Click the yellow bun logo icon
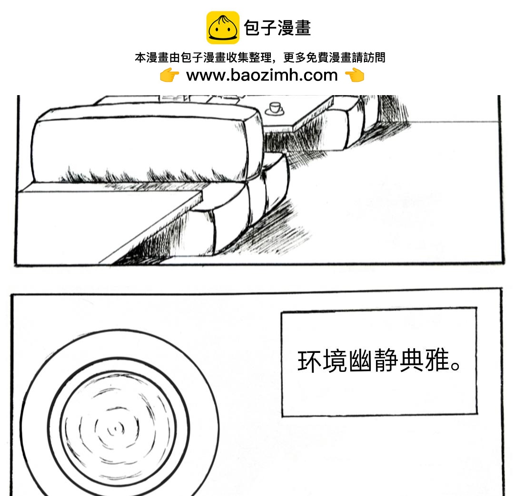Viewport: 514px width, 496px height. coord(223,28)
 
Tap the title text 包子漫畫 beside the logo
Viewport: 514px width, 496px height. coord(277,28)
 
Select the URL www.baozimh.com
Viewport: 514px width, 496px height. coord(262,75)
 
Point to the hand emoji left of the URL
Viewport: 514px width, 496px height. coord(169,75)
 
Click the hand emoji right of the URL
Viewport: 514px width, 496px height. coord(354,75)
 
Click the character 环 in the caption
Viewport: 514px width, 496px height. coord(308,361)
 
